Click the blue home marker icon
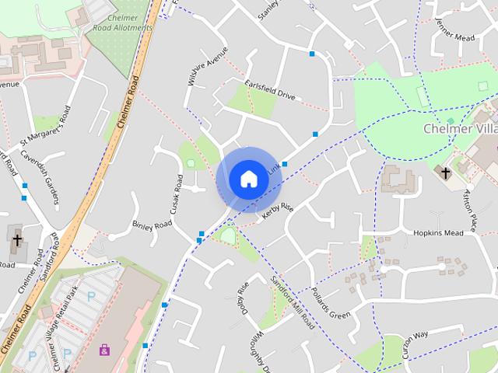tap(248, 180)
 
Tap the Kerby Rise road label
tap(279, 211)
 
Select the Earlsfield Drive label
tap(271, 90)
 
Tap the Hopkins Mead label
tap(438, 233)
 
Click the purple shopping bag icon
tap(104, 350)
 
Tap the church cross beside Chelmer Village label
tap(445, 173)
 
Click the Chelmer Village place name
tap(460, 128)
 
